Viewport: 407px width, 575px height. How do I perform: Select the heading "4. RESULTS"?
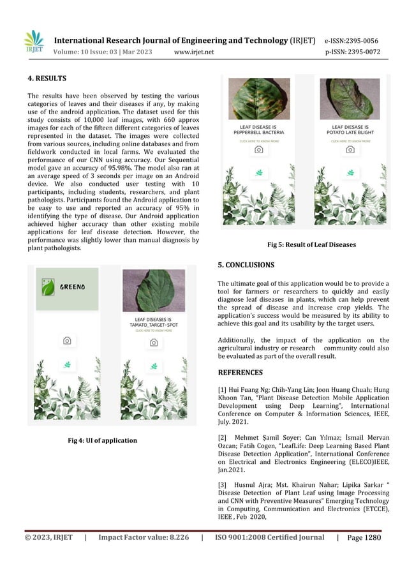pos(47,79)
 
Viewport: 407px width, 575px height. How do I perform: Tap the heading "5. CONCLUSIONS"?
pos(246,264)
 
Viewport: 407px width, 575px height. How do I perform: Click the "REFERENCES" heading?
pos(240,372)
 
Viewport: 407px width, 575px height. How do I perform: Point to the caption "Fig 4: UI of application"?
pos(103,440)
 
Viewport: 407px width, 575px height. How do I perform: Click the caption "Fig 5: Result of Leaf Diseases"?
pos(311,244)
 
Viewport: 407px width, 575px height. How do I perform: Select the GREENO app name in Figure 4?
pos(73,287)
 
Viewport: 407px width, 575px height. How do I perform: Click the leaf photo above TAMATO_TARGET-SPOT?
pos(153,290)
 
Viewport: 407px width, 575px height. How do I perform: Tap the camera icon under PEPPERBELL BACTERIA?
pos(258,149)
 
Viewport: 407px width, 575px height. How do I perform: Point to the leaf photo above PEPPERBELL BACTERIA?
pos(259,99)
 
